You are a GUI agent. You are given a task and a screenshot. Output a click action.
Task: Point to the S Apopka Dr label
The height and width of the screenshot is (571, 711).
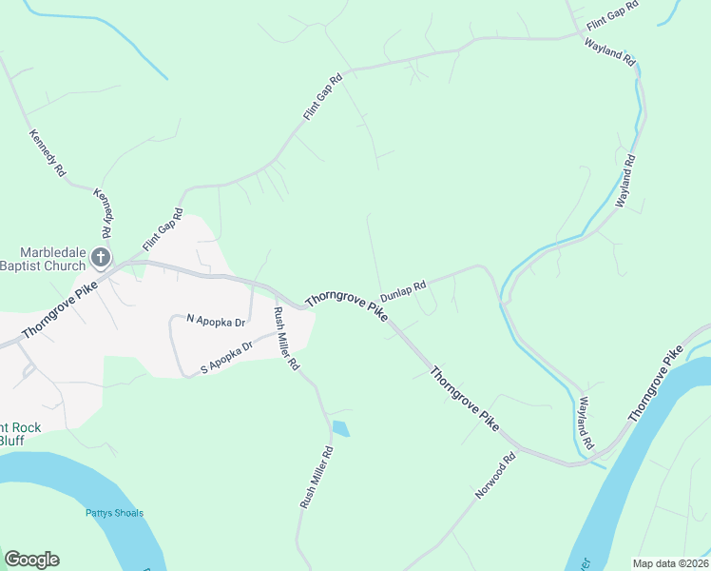(x=224, y=358)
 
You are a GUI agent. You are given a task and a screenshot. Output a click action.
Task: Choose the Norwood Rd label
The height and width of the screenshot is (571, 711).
(x=495, y=476)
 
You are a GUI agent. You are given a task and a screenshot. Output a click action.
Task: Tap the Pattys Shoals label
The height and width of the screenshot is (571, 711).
(x=113, y=513)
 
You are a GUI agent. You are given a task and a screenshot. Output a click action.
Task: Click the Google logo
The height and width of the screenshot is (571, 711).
(x=31, y=560)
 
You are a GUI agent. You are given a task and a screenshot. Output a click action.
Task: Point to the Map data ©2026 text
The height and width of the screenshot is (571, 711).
(x=669, y=563)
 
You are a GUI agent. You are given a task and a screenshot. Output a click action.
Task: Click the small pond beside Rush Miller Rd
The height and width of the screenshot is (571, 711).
(x=340, y=429)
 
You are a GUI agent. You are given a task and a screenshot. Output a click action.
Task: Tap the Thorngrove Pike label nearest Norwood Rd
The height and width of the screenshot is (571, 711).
(x=464, y=399)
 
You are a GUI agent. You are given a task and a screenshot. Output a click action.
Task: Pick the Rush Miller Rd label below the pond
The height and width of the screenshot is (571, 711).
(x=317, y=478)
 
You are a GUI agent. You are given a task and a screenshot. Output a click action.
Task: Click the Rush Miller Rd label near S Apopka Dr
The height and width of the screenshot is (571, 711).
(x=286, y=339)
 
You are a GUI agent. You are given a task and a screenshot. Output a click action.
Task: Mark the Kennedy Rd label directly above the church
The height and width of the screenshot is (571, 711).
(x=102, y=214)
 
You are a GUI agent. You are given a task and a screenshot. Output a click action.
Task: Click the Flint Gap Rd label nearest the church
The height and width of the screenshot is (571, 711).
(x=162, y=230)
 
